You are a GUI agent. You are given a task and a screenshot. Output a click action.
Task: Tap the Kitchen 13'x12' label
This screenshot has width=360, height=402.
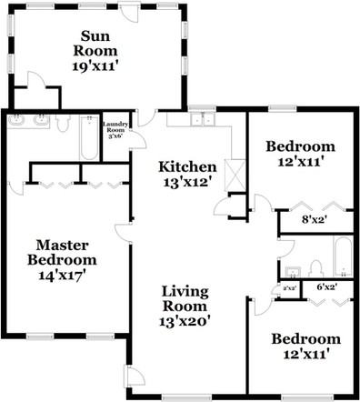(x=187, y=174)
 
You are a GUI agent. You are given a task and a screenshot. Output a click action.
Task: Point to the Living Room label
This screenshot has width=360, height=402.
(x=185, y=306)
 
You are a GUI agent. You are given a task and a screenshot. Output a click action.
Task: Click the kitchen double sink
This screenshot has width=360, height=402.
(x=202, y=119)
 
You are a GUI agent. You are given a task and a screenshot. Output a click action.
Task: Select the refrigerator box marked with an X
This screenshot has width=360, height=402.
(x=235, y=173)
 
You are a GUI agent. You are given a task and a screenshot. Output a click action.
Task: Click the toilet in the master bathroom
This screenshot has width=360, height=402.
(x=62, y=122)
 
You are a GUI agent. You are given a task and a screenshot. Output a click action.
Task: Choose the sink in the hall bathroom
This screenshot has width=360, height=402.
(x=293, y=271)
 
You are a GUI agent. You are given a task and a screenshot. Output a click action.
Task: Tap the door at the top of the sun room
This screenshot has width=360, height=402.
(x=128, y=15)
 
